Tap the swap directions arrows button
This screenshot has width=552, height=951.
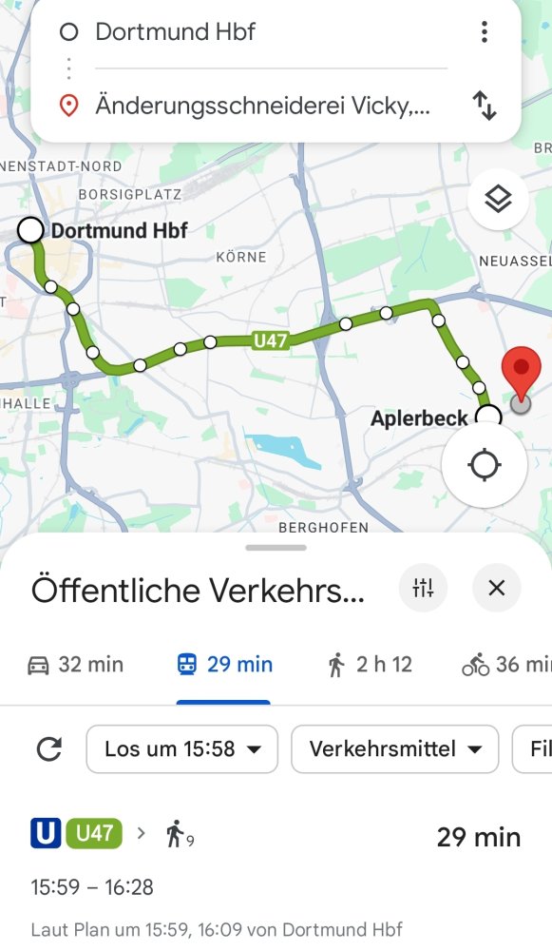[485, 106]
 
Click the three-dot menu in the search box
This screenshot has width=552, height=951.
[485, 32]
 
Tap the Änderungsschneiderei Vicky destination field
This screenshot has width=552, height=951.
[262, 106]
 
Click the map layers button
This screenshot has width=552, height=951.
[498, 199]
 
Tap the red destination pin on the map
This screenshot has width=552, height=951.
[521, 374]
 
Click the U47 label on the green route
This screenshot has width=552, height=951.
[271, 340]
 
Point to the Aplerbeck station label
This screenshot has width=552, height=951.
[419, 418]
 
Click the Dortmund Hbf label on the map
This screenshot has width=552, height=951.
[119, 230]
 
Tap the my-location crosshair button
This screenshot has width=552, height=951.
[485, 465]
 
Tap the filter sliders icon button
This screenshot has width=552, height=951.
[423, 588]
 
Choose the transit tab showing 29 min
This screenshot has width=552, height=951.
[224, 665]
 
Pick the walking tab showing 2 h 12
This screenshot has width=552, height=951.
[370, 665]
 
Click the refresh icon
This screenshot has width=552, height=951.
[48, 749]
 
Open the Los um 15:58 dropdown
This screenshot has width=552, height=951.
[181, 749]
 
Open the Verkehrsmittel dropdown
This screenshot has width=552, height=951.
[393, 749]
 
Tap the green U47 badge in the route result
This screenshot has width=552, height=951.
[94, 834]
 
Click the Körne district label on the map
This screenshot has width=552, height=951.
[241, 257]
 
